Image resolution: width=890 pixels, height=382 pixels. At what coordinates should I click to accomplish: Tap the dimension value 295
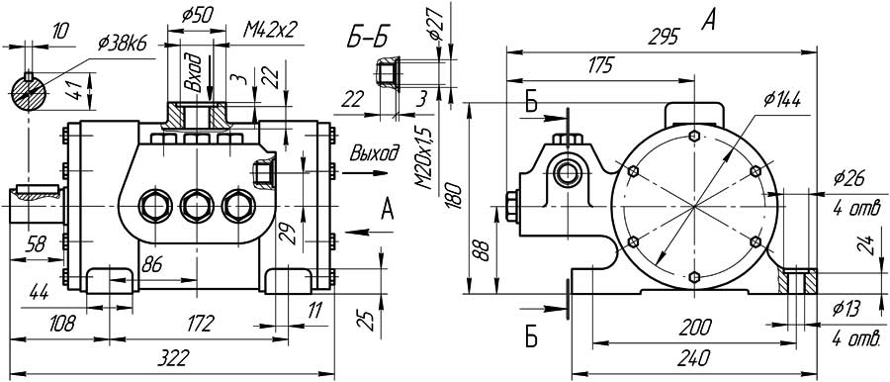(x=665, y=38)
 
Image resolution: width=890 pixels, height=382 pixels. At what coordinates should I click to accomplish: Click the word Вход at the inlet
(x=194, y=73)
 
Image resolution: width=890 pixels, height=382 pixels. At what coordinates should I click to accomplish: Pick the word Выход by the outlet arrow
(x=374, y=153)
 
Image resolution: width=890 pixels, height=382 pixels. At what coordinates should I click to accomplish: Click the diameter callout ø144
(x=781, y=100)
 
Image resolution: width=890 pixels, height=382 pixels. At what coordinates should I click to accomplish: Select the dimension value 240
(x=694, y=358)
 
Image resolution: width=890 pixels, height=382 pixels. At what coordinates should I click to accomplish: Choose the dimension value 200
(x=695, y=327)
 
